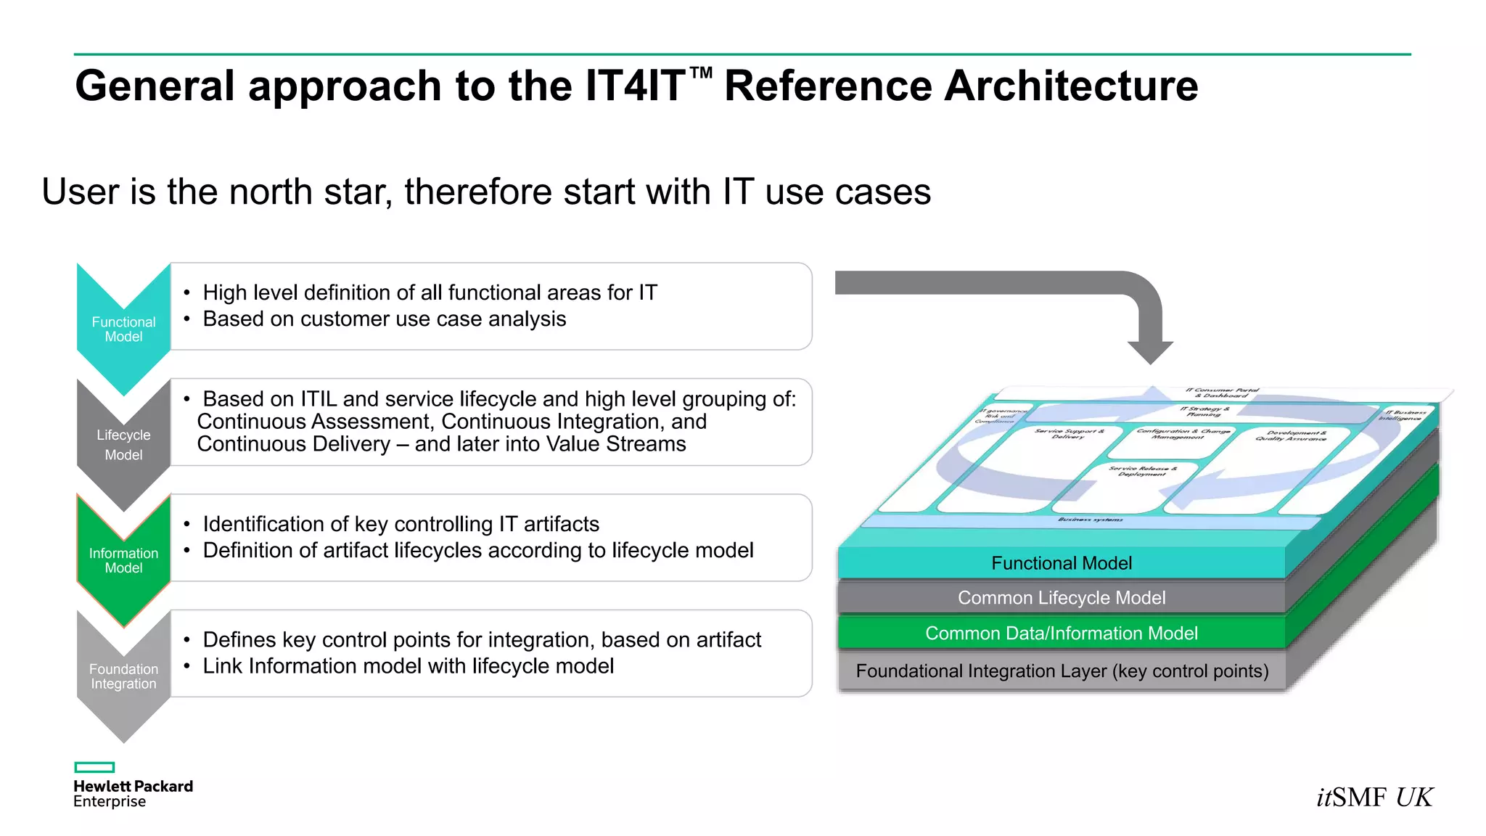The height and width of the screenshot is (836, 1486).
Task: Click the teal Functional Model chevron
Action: click(123, 329)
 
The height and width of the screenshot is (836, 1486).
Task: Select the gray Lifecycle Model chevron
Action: click(123, 444)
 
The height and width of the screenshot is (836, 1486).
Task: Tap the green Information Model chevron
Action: click(123, 560)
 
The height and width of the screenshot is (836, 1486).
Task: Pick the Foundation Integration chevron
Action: click(123, 676)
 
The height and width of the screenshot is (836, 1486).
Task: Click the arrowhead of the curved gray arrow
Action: click(1150, 351)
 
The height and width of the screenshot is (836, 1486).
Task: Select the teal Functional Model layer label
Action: click(1061, 563)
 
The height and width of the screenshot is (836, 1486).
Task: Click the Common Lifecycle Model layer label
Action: click(1061, 598)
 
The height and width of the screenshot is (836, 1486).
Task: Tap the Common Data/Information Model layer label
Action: click(1061, 634)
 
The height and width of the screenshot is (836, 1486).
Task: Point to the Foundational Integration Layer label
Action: click(1062, 671)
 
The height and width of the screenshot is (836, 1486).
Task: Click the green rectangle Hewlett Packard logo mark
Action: click(94, 767)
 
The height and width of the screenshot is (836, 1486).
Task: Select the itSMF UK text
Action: click(1374, 798)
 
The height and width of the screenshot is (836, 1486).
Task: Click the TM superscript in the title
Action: click(700, 73)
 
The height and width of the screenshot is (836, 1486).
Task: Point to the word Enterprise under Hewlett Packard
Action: click(110, 802)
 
